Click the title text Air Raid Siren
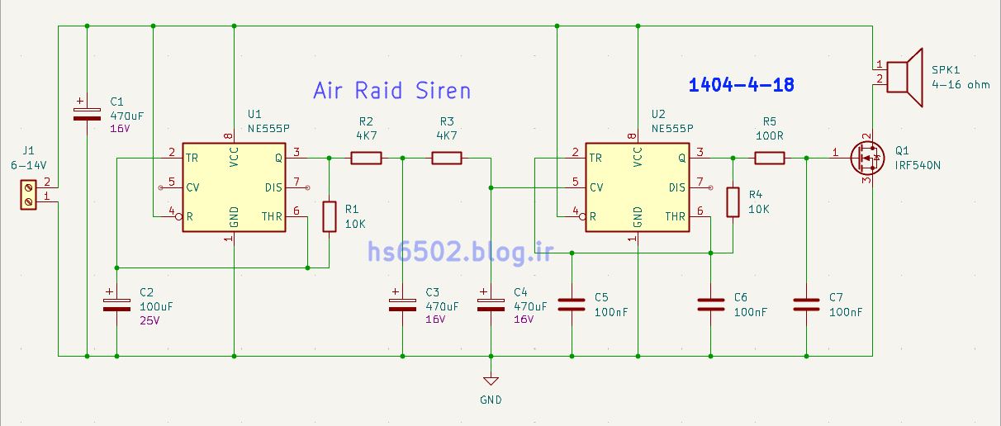point(391,91)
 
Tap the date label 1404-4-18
point(742,85)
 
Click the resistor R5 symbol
point(769,158)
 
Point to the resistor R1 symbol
point(329,216)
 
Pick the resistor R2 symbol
point(366,158)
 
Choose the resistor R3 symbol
point(447,158)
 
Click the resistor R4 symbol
point(733,202)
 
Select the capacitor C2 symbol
point(116,302)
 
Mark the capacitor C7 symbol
point(806,303)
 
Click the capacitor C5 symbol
point(572,303)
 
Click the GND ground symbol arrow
point(491,381)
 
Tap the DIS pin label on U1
point(273,187)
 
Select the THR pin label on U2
point(676,217)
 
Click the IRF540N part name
point(918,165)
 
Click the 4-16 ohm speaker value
point(960,84)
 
